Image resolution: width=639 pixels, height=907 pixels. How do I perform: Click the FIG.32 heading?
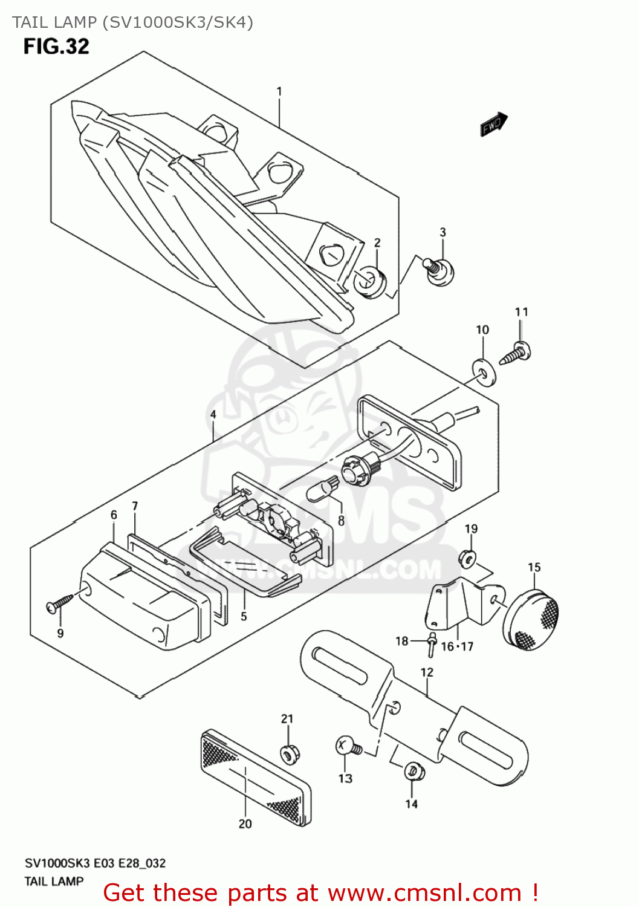coord(56,47)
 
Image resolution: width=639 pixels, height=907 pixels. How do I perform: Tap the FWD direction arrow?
coord(494,124)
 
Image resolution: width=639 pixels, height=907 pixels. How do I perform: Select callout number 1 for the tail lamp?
coord(279,91)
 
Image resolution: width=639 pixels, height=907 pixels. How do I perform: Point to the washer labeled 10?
coord(484,372)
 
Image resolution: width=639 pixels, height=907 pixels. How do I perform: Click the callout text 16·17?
coord(457,646)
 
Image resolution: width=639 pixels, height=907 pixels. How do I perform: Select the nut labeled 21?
coord(288,754)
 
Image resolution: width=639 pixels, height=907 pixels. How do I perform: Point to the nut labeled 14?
coord(414,772)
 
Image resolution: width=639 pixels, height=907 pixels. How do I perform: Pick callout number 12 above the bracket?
coord(427,672)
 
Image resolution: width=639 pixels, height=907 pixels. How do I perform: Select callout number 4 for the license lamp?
coord(213,415)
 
